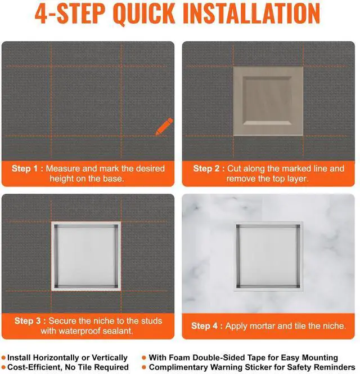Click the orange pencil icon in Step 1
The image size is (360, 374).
pyautogui.click(x=164, y=126)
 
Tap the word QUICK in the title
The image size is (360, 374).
pyautogui.click(x=144, y=14)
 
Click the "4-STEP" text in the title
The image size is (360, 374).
pyautogui.click(x=70, y=14)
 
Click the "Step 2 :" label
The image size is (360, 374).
pyautogui.click(x=209, y=168)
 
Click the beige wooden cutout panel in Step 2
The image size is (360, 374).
pyautogui.click(x=268, y=101)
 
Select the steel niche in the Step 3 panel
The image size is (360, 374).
pyautogui.click(x=86, y=256)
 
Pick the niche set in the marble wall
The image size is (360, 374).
pyautogui.click(x=268, y=256)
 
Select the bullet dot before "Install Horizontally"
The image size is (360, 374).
pyautogui.click(x=3, y=358)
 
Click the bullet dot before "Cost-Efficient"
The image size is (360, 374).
pyautogui.click(x=3, y=367)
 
